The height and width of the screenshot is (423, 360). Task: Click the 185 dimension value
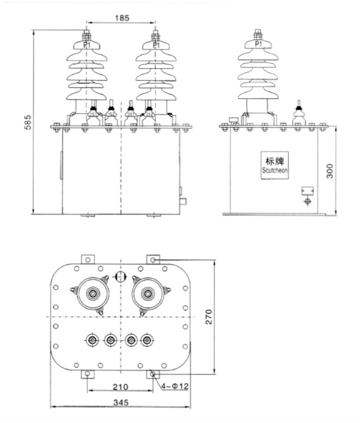pyautogui.click(x=122, y=18)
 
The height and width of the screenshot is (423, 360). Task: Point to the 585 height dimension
pyautogui.click(x=28, y=123)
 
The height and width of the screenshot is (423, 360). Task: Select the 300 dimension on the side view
pyautogui.click(x=330, y=171)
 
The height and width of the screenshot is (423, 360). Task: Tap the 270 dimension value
pyautogui.click(x=209, y=317)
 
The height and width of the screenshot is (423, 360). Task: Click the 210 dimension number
pyautogui.click(x=120, y=387)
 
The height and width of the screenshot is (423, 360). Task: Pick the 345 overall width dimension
pyautogui.click(x=121, y=403)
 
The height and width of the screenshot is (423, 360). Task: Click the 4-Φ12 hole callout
pyautogui.click(x=175, y=386)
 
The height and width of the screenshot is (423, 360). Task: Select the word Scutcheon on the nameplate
pyautogui.click(x=275, y=171)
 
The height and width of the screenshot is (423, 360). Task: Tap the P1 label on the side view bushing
pyautogui.click(x=258, y=43)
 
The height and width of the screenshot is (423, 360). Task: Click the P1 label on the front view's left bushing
pyautogui.click(x=87, y=45)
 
